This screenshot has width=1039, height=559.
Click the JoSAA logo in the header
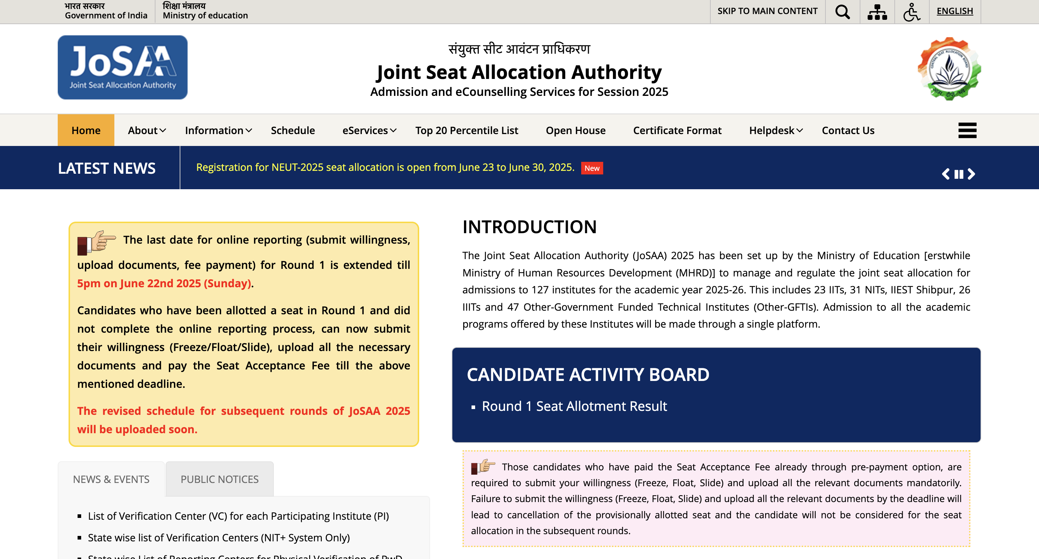tap(122, 67)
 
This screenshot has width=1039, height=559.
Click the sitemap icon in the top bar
tap(877, 12)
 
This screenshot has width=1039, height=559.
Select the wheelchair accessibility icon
tap(911, 12)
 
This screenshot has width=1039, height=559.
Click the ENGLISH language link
tap(954, 11)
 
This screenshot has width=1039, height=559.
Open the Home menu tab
tap(86, 130)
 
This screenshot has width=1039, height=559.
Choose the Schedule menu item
tap(293, 130)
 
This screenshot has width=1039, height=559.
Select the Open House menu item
tap(575, 130)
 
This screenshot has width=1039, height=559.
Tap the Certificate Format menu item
tap(677, 130)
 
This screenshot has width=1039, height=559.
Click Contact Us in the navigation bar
tap(848, 130)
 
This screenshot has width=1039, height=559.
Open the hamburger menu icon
tap(967, 130)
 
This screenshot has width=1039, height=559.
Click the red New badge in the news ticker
tap(592, 168)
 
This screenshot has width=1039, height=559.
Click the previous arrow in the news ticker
tap(946, 174)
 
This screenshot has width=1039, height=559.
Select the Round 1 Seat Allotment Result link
tap(574, 406)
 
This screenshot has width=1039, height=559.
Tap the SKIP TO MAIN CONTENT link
tap(767, 11)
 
